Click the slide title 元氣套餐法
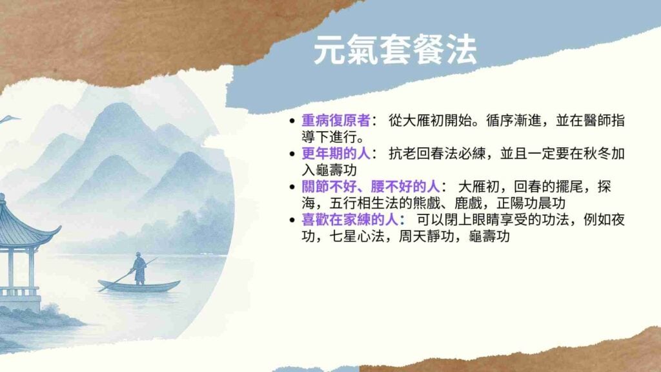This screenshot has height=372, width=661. [395, 50]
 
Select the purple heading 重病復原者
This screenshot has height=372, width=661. [336, 121]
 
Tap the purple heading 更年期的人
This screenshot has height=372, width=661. [336, 154]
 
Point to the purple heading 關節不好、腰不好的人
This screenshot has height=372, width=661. [371, 187]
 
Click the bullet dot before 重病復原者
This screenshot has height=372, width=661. [292, 121]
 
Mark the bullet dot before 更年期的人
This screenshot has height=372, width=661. [292, 154]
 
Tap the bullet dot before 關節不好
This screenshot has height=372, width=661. [292, 187]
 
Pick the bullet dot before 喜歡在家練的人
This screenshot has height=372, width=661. [292, 220]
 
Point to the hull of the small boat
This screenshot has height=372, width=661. [139, 286]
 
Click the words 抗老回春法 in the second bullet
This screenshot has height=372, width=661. [423, 154]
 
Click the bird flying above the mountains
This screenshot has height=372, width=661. [9, 119]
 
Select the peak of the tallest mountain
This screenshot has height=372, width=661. [119, 104]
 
